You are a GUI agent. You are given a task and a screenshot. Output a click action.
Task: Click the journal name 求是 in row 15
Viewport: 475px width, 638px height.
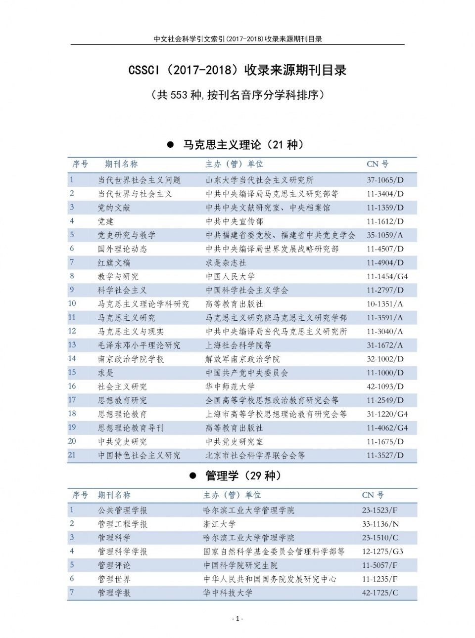coord(105,373)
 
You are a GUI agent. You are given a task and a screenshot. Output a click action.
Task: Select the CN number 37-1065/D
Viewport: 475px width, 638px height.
coord(385,180)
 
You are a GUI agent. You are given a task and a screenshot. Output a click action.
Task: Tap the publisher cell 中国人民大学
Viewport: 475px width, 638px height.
coord(230,277)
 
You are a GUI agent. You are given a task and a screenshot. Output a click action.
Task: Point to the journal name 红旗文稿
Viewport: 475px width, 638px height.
coord(114,263)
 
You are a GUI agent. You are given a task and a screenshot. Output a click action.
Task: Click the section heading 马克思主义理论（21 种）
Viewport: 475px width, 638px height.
coord(243,145)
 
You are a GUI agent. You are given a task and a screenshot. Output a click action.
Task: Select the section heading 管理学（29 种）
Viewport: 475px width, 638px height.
coord(243,476)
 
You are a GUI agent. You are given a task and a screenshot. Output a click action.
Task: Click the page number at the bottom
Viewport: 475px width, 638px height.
coord(237,618)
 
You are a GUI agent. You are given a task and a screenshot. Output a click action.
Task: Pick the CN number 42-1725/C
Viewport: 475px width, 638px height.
coord(380,593)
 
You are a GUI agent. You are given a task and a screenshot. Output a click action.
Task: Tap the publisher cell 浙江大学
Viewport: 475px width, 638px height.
coord(219,524)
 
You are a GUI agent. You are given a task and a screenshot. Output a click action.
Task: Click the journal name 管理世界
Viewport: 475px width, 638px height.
coord(114,579)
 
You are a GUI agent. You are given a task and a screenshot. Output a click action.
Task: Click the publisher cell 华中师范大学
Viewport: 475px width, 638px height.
coord(230,387)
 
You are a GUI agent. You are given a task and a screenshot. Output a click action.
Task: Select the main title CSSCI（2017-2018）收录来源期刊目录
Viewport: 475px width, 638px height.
coord(237,70)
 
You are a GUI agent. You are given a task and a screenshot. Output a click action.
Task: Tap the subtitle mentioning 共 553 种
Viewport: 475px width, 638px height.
coord(237,95)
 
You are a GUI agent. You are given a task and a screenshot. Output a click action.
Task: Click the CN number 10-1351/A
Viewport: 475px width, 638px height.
coord(384,304)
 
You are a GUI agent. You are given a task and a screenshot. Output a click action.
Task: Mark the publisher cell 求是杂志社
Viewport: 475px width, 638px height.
coord(226,263)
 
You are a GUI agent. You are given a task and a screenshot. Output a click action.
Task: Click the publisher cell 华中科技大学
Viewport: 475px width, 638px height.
coord(228,593)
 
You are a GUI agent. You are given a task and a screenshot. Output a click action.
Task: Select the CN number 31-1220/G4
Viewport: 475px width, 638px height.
coord(387,415)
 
